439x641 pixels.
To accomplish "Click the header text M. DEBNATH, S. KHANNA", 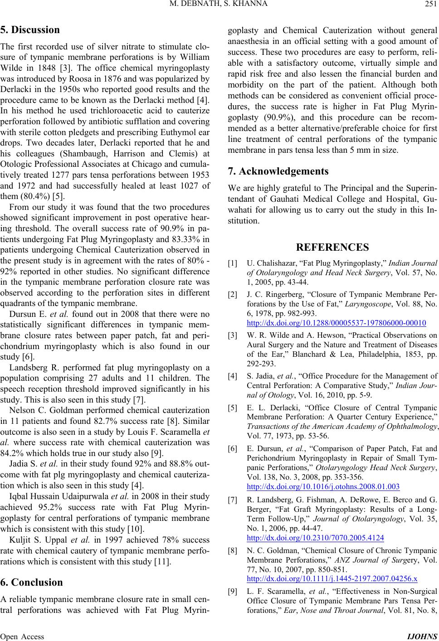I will coord(219,5).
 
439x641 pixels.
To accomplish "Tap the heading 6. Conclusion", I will coord(33,582).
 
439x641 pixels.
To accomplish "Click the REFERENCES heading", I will coord(332,248).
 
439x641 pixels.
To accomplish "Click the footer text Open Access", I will coord(23,636).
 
